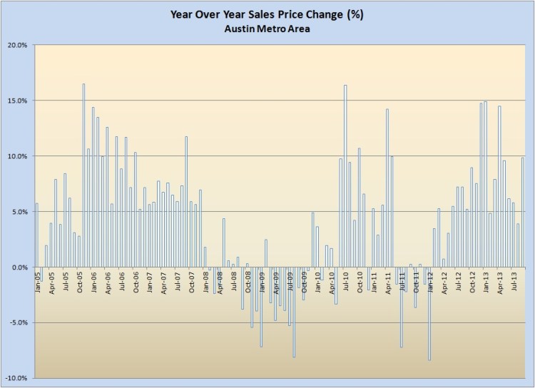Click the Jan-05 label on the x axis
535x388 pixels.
pyautogui.click(x=38, y=280)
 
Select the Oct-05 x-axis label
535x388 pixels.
pyautogui.click(x=79, y=280)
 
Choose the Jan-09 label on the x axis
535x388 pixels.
pyautogui.click(x=261, y=280)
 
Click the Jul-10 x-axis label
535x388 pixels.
pyautogui.click(x=345, y=280)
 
